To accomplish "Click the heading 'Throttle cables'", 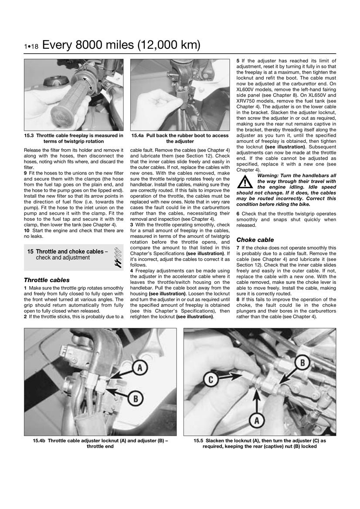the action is [47, 280].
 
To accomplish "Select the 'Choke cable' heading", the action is [255, 239].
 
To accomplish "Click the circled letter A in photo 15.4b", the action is [139, 368].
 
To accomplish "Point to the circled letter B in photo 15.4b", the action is [136, 398].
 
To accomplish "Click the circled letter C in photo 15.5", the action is [211, 379].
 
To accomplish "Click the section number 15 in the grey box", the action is [31, 252].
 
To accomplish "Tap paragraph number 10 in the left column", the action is [27, 230].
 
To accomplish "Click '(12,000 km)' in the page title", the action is [168, 45].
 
